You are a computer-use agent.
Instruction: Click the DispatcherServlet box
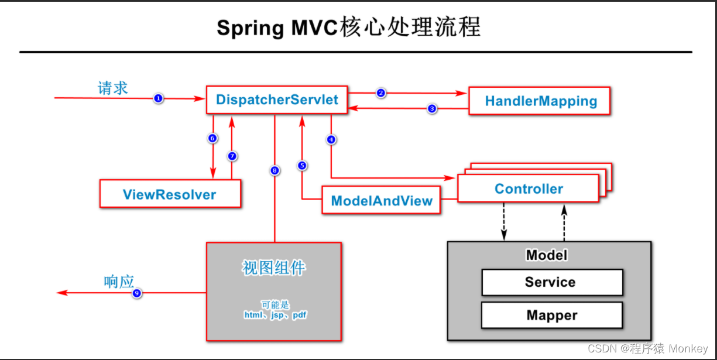(x=277, y=100)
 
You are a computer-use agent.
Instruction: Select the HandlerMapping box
(x=540, y=101)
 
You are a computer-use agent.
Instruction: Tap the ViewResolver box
(x=170, y=194)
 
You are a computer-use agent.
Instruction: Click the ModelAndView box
(x=382, y=201)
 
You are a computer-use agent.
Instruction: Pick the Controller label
(x=529, y=188)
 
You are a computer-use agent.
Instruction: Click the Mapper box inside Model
(x=551, y=316)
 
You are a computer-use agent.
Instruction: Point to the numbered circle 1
(x=158, y=98)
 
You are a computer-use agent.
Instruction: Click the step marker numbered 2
(x=381, y=92)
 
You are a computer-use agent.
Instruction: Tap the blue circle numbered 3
(x=432, y=108)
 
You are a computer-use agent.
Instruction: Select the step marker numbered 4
(x=331, y=139)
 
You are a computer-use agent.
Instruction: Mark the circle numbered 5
(x=302, y=165)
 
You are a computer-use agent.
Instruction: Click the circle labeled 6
(x=212, y=138)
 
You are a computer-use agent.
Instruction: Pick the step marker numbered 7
(x=232, y=156)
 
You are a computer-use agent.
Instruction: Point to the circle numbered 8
(x=275, y=170)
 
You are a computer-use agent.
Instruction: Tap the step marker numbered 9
(x=137, y=293)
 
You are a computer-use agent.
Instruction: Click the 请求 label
(x=113, y=88)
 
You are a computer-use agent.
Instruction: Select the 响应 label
(x=119, y=282)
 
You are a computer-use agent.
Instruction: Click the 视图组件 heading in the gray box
(x=273, y=268)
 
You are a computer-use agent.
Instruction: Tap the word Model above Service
(x=547, y=255)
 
